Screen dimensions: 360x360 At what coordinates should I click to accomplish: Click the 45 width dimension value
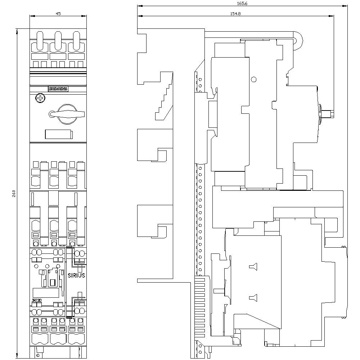(x=58, y=13)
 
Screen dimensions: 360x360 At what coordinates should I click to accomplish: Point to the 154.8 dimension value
(x=235, y=13)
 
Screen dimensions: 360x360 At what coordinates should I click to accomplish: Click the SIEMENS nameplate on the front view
(x=58, y=89)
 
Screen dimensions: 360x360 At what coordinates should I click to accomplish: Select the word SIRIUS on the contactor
(x=76, y=275)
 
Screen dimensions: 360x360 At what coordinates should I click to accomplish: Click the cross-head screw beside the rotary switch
(x=40, y=98)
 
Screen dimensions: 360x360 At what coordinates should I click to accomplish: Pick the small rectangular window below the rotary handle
(x=58, y=134)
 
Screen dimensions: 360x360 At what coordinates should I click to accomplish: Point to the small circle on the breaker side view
(x=253, y=80)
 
